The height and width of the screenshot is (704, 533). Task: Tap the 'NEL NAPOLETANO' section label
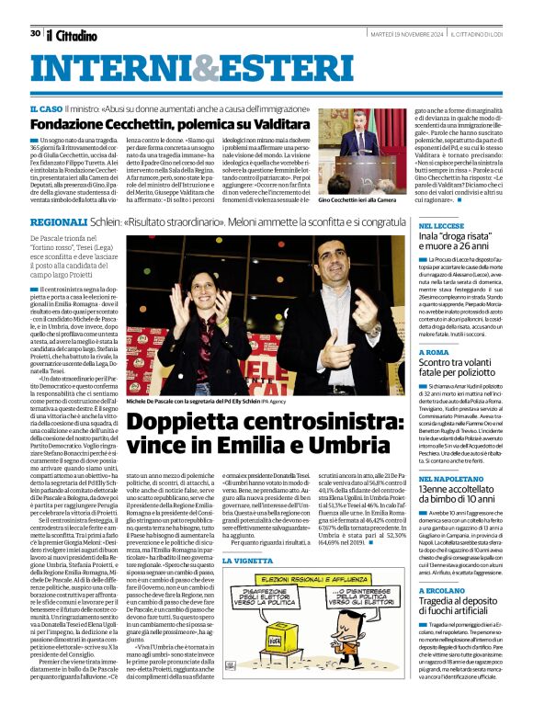click(x=451, y=479)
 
